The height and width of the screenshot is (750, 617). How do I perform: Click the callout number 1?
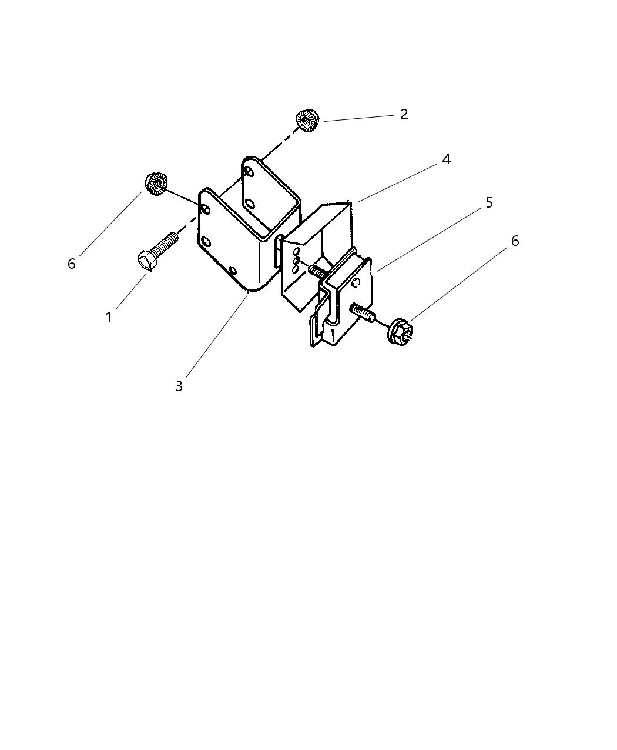click(x=108, y=318)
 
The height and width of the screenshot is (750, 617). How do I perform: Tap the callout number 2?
click(x=404, y=115)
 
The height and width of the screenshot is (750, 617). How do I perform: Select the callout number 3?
click(x=179, y=386)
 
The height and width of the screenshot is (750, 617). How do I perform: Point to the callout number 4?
click(x=446, y=159)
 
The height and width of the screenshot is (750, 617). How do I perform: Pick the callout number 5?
click(x=489, y=203)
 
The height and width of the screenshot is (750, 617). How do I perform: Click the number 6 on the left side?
click(x=72, y=264)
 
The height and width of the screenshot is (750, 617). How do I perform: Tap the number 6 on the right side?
click(x=515, y=241)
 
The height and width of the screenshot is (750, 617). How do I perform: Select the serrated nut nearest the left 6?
click(x=156, y=184)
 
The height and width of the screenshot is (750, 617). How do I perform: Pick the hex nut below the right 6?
click(x=400, y=332)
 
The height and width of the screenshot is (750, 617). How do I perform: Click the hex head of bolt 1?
click(x=147, y=261)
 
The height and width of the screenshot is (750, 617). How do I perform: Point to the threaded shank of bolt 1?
click(x=165, y=242)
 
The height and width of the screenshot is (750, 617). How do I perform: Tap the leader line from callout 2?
click(x=358, y=118)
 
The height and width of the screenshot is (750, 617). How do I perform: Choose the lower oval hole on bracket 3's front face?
click(x=206, y=242)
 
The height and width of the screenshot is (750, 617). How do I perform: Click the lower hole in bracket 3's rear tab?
click(x=250, y=204)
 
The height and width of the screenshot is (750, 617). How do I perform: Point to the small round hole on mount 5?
click(x=356, y=283)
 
